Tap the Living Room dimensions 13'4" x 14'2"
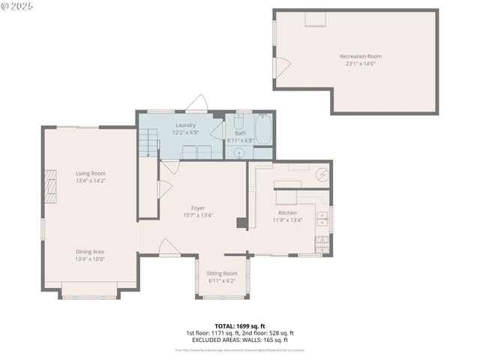pos(90,181)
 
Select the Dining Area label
pos(90,251)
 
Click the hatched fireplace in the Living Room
pos(51,186)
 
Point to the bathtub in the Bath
pos(264,129)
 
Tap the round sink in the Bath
pos(239,153)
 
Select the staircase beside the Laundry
pos(148,142)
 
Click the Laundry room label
pos(186,125)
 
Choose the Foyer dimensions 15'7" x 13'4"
pos(198,215)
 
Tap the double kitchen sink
pos(322,219)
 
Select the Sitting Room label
pos(221,273)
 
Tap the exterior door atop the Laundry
pos(197,103)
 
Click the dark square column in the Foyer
pos(241,223)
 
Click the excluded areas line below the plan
pos(240,340)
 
